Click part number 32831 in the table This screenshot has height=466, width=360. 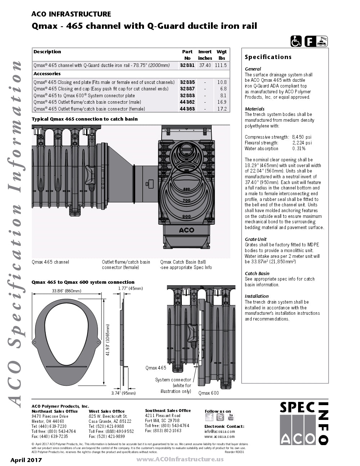click(x=187, y=66)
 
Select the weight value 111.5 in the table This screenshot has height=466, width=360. click(x=221, y=66)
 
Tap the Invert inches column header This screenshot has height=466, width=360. click(x=205, y=55)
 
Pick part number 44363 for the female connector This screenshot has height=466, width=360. click(x=187, y=109)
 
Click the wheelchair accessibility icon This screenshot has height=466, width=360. click(x=296, y=41)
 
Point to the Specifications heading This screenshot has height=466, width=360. click(x=268, y=57)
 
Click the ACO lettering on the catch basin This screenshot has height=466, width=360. click(x=186, y=230)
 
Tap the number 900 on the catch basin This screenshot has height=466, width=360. click(x=186, y=216)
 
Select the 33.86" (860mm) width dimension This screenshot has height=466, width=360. click(x=67, y=291)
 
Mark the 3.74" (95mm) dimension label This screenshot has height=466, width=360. click(x=123, y=393)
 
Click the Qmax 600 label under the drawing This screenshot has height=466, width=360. click(x=208, y=393)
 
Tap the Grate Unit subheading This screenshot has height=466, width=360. click(x=256, y=239)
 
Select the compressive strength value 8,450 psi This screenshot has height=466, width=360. click(x=302, y=137)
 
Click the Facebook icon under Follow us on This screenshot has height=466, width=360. click(x=209, y=417)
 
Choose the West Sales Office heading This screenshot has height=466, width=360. click(x=107, y=411)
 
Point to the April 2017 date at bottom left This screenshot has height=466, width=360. click(x=26, y=460)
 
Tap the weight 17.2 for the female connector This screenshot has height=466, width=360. click(x=222, y=109)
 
